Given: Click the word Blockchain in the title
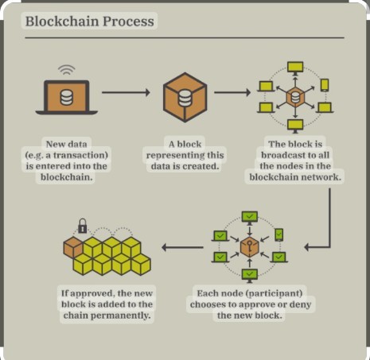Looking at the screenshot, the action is pos(62,21).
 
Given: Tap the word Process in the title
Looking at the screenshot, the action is pos(128,21).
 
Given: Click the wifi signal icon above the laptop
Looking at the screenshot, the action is pos(66,69).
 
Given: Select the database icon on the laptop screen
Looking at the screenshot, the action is pos(66,97).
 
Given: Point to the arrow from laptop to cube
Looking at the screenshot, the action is pos(126,92).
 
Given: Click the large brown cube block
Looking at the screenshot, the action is pos(185,97).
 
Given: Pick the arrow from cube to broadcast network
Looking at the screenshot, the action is pos(232,92).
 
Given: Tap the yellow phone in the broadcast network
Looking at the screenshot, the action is pos(325,85).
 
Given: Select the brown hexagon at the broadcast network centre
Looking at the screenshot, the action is pos(295,97).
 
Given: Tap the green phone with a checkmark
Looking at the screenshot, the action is pos(278,235).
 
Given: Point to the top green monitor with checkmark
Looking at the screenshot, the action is pos(249,218).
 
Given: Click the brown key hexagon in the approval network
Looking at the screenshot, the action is pos(249,247).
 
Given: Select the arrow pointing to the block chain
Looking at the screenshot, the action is pos(182,247).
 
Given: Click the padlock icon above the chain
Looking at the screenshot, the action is pos(83,226).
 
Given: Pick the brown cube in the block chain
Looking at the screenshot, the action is pos(73,247).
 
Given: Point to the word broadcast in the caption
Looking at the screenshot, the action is pos(285,155).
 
